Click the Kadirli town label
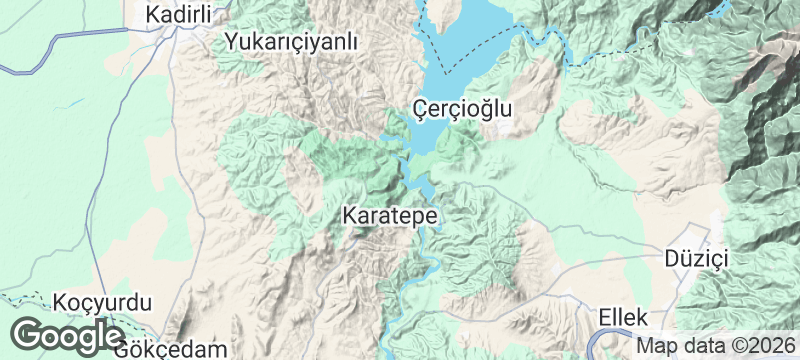[182, 15]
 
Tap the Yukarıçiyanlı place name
[291, 42]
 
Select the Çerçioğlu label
[461, 108]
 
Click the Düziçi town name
[698, 258]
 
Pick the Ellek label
[624, 317]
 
